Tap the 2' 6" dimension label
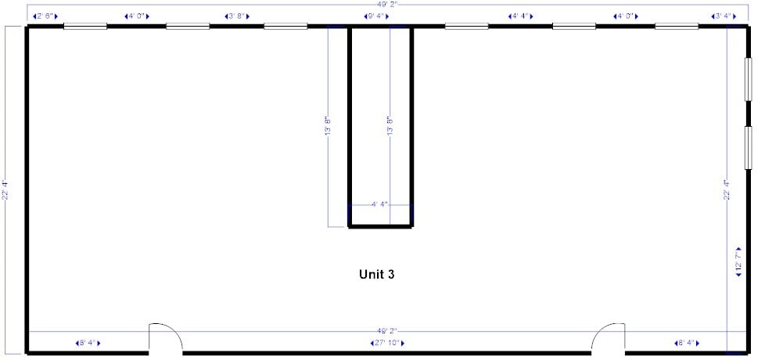(x=45, y=16)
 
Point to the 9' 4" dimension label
(x=376, y=16)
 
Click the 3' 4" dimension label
(x=723, y=16)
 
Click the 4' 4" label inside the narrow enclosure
(x=379, y=204)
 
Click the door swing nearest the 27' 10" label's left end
(x=166, y=337)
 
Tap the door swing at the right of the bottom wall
(x=608, y=337)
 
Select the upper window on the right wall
(x=747, y=78)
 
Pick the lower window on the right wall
(x=747, y=146)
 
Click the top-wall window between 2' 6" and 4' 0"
(x=85, y=27)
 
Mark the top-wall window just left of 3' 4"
(x=677, y=27)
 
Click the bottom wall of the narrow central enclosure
(x=380, y=226)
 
